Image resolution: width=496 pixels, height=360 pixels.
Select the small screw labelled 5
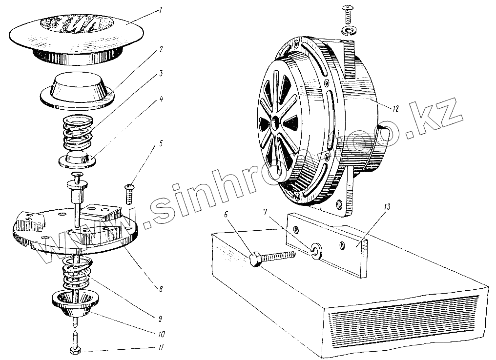130,194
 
